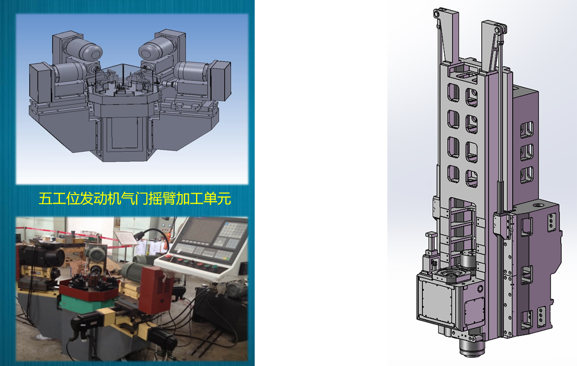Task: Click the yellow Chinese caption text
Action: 135,199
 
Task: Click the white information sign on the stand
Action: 126,237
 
